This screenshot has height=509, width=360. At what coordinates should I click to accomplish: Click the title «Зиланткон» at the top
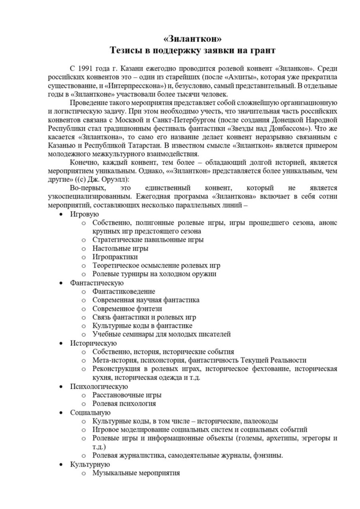pos(192,39)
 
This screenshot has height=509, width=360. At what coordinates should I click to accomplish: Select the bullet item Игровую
pos(84,214)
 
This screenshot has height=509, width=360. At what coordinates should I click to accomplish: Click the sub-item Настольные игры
pos(120,248)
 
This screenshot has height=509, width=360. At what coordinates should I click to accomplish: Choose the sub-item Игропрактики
pos(115,257)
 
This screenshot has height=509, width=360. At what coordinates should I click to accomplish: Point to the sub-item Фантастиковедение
pos(124,291)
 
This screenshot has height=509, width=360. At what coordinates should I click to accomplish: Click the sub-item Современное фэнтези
pos(127,309)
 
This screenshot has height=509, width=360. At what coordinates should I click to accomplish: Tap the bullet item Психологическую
pos(99,387)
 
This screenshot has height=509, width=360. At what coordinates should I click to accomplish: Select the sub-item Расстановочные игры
pos(127,395)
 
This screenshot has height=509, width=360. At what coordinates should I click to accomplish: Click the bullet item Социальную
pos(90,413)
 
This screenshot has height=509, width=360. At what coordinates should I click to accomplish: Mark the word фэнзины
pos(269,455)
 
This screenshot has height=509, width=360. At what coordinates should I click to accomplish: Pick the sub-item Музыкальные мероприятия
pos(136,473)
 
